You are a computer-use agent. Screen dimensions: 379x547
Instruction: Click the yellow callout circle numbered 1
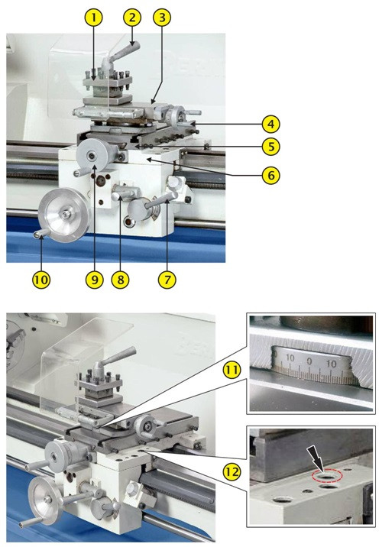click(93, 18)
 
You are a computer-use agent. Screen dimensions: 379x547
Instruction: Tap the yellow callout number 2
click(131, 18)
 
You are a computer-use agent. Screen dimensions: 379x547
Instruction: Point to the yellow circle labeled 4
click(271, 124)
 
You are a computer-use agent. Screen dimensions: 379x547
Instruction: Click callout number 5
click(271, 147)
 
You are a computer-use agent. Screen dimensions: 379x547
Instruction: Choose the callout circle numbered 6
click(271, 175)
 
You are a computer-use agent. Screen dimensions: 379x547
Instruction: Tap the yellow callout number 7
click(167, 280)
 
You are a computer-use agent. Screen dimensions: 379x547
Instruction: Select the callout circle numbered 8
click(120, 280)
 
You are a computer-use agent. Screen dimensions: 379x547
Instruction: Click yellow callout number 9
click(94, 280)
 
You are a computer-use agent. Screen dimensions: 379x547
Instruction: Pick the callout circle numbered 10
click(41, 280)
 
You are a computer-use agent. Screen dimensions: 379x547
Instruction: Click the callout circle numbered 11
click(232, 370)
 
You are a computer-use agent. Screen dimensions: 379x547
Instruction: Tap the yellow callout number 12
click(232, 471)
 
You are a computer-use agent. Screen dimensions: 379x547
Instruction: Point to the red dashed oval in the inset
click(327, 476)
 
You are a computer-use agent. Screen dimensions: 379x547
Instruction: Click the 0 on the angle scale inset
click(309, 361)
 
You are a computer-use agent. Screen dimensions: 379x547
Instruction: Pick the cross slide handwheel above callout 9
click(92, 155)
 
